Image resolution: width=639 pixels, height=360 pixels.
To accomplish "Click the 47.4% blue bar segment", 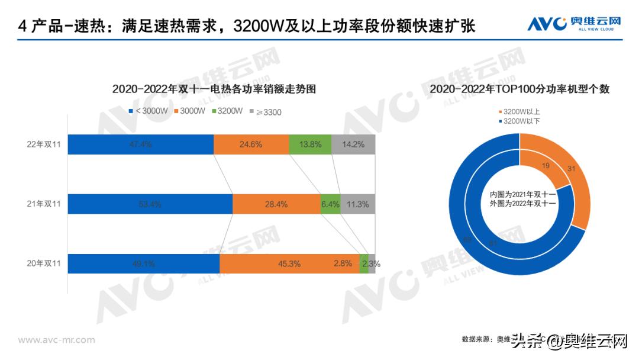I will [x=140, y=144].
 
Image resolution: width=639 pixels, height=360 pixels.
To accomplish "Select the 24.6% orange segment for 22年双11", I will [x=251, y=144].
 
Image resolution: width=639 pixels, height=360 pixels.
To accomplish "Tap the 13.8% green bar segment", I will [x=310, y=144].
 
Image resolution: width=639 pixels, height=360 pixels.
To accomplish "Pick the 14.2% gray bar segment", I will [x=353, y=144].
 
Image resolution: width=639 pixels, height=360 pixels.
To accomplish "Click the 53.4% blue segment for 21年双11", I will [x=150, y=204].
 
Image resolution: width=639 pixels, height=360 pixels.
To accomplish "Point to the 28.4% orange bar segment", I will [x=276, y=204].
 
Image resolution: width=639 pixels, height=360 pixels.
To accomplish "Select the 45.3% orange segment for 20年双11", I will [x=289, y=264].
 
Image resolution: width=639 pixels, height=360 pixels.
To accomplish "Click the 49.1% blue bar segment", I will [x=143, y=264].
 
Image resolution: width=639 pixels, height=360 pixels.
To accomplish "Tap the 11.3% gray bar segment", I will [x=358, y=204].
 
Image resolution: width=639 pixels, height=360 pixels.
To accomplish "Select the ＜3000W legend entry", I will [x=149, y=111].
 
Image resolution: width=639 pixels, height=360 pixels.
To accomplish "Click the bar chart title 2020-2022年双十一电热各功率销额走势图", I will [x=214, y=89].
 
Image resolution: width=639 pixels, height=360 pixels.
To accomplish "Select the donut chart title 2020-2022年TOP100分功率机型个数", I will [x=519, y=89].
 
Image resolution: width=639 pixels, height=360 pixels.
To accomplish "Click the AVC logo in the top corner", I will [x=574, y=24].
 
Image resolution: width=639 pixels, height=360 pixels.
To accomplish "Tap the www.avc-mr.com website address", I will [x=56, y=340].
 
